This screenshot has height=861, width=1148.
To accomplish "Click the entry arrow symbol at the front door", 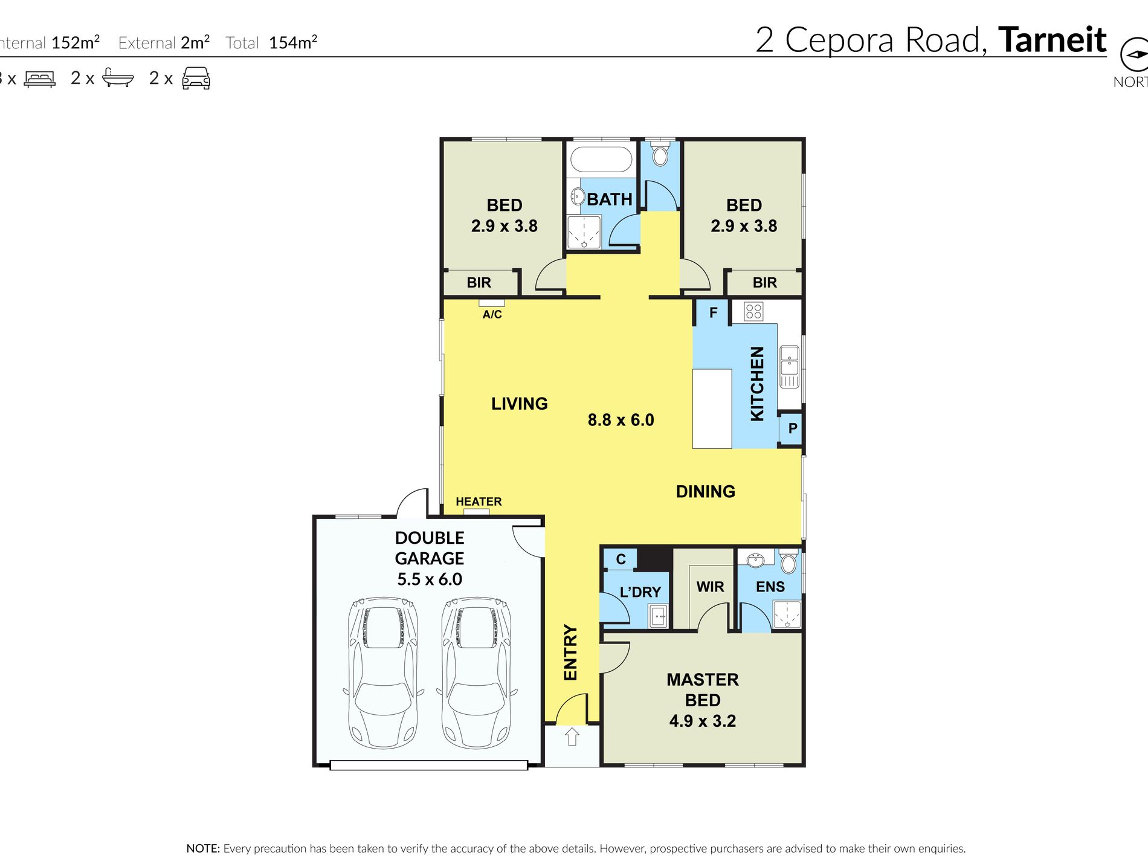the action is click(x=572, y=737).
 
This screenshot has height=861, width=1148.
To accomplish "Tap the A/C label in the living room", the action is click(x=492, y=314).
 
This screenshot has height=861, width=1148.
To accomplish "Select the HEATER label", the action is click(x=479, y=501).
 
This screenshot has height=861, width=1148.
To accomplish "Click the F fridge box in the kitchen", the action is click(x=713, y=312).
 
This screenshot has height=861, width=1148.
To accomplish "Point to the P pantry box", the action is click(x=792, y=428).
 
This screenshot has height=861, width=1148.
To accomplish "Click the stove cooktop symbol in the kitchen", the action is click(x=753, y=311).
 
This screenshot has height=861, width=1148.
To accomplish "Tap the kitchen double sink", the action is click(x=789, y=367).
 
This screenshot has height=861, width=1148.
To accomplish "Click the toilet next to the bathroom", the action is click(x=660, y=154).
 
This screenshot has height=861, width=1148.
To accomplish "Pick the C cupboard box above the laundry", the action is click(x=621, y=559).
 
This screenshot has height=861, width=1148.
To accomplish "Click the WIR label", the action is click(x=710, y=587).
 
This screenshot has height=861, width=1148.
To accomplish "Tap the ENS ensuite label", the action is click(x=770, y=587).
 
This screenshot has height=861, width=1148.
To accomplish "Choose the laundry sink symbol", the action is click(x=658, y=616).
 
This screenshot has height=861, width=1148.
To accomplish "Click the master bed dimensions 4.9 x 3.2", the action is click(x=703, y=721).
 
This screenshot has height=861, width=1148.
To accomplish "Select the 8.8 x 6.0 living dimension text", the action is click(x=621, y=420).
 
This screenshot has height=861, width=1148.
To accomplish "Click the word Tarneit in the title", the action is click(x=1052, y=40).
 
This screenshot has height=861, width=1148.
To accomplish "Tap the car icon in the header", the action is click(x=196, y=79).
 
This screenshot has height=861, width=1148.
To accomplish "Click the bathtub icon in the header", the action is click(x=118, y=77).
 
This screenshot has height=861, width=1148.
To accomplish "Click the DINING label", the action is click(x=706, y=492).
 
